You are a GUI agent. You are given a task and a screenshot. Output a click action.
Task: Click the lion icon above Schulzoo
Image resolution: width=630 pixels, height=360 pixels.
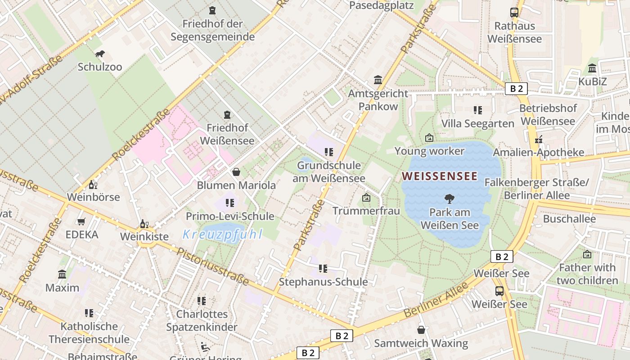pyautogui.click(x=100, y=54)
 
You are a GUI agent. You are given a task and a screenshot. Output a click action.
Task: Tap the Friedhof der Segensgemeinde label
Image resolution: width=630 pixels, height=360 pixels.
pyautogui.click(x=212, y=30)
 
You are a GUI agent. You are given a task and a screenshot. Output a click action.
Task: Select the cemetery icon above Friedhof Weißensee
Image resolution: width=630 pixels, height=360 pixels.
pyautogui.click(x=227, y=115)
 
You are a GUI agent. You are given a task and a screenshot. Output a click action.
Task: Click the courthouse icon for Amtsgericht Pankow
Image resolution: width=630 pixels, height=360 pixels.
pyautogui.click(x=378, y=80)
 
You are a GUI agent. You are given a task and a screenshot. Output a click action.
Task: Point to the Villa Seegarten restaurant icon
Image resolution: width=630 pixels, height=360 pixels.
pyautogui.click(x=477, y=110)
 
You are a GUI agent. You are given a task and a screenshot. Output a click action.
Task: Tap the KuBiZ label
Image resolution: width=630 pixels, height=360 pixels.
pyautogui.click(x=592, y=81)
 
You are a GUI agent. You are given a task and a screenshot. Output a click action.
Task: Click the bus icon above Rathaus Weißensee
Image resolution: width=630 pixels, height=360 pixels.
pyautogui.click(x=514, y=13)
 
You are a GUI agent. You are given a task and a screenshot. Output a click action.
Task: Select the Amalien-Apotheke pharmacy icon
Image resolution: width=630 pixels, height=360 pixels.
pyautogui.click(x=538, y=139)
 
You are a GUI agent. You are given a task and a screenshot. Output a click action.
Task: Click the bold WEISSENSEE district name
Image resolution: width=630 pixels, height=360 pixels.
pyautogui.click(x=439, y=176)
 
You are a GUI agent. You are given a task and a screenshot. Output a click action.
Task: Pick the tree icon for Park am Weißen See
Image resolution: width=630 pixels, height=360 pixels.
pyautogui.click(x=449, y=199)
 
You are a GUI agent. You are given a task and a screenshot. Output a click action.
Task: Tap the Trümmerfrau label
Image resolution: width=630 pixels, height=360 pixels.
pyautogui.click(x=366, y=211)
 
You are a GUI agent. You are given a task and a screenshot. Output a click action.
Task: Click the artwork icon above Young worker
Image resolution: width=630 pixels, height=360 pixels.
pyautogui.click(x=429, y=138)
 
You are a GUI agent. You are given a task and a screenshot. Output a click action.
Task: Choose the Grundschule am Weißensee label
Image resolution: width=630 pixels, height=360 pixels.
pyautogui.click(x=329, y=172)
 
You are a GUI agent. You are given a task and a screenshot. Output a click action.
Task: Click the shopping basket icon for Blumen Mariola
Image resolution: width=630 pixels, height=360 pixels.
pyautogui.click(x=236, y=172)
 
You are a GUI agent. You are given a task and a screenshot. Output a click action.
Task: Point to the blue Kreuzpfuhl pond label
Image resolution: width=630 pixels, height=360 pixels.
pyautogui.click(x=222, y=234)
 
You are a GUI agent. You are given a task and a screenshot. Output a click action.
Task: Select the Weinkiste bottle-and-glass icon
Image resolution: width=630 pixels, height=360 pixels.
pyautogui.click(x=144, y=224)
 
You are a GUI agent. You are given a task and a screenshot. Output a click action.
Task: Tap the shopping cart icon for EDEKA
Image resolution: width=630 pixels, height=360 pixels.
pyautogui.click(x=81, y=221)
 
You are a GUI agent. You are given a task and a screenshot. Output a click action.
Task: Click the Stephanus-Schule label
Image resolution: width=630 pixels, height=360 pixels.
pyautogui.click(x=323, y=282)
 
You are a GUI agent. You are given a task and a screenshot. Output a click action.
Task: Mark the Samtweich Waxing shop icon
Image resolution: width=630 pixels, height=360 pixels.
pyautogui.click(x=421, y=330)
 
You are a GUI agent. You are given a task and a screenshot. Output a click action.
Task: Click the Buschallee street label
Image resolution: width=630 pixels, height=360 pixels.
pyautogui.click(x=569, y=219)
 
